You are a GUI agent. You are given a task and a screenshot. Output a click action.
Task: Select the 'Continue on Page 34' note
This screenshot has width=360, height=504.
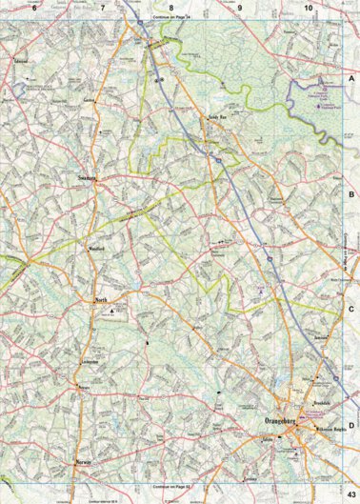171,17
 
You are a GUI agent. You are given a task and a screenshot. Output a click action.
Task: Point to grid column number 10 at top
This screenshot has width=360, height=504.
309,8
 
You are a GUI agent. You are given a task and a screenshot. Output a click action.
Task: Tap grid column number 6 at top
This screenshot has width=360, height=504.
33,8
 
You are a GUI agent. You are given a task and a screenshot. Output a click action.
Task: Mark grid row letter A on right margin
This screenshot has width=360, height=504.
351,83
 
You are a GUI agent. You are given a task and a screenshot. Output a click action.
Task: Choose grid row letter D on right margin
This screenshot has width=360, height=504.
351,425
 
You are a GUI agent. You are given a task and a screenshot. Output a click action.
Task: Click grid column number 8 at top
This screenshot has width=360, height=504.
171,8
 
